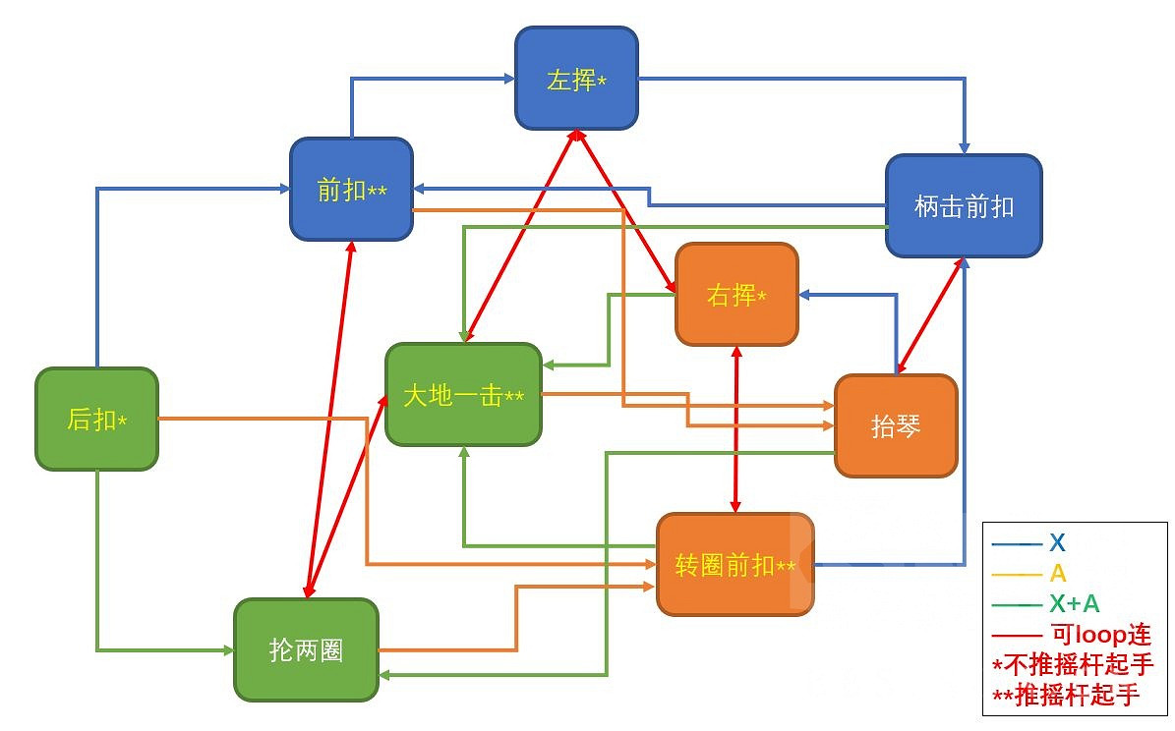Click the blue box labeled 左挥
[576, 78]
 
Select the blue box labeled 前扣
[351, 189]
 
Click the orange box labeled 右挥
[735, 294]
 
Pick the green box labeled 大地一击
[463, 395]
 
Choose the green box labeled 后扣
[96, 419]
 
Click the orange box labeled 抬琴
[895, 425]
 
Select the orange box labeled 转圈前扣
[734, 565]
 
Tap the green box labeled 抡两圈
[306, 649]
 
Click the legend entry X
[1057, 542]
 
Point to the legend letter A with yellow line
[1058, 573]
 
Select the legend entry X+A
[1074, 603]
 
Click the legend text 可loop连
[1099, 634]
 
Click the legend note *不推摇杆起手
[1073, 665]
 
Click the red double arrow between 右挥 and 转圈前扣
[736, 429]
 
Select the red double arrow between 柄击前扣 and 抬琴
[929, 315]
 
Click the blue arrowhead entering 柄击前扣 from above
[965, 146]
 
